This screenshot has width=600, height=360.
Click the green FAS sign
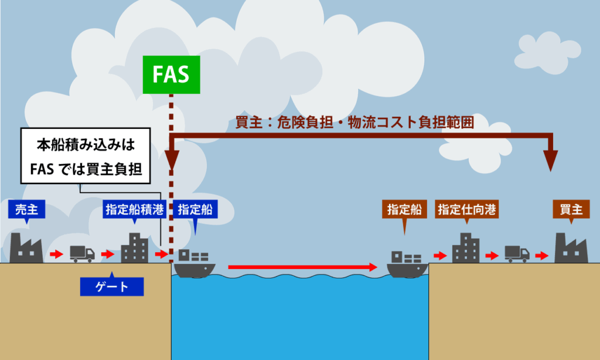point(172,75)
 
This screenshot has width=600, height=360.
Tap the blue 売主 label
point(27,209)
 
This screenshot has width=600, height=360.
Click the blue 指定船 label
point(195,209)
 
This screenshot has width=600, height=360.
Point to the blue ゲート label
point(112,287)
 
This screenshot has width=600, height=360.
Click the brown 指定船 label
point(405,209)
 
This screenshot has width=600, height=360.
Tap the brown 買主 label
point(571,209)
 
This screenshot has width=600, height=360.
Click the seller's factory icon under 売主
point(27,247)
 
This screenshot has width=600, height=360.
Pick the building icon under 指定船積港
point(134,247)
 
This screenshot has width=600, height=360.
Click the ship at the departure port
point(195,263)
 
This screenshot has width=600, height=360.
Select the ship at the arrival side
point(407,263)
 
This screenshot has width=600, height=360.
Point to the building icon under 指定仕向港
point(466,247)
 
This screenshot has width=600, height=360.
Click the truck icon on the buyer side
point(517,253)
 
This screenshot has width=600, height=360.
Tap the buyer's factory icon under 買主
point(571,247)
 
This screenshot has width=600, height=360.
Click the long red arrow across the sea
point(302,267)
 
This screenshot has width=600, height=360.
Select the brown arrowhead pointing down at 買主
point(550,160)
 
